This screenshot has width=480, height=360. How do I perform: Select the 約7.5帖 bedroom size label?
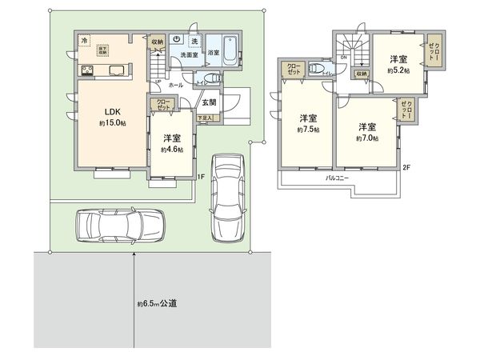coord(307,130)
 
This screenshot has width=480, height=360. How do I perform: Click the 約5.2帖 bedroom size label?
coord(398,70)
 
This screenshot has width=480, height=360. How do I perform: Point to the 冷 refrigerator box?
coord(84,40)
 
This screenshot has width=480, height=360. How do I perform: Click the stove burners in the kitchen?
coord(86,70)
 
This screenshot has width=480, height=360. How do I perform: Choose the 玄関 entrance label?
coord(208,102)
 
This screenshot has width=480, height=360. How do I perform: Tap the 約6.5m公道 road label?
coord(156,303)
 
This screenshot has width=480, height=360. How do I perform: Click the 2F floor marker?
coord(406,168)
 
